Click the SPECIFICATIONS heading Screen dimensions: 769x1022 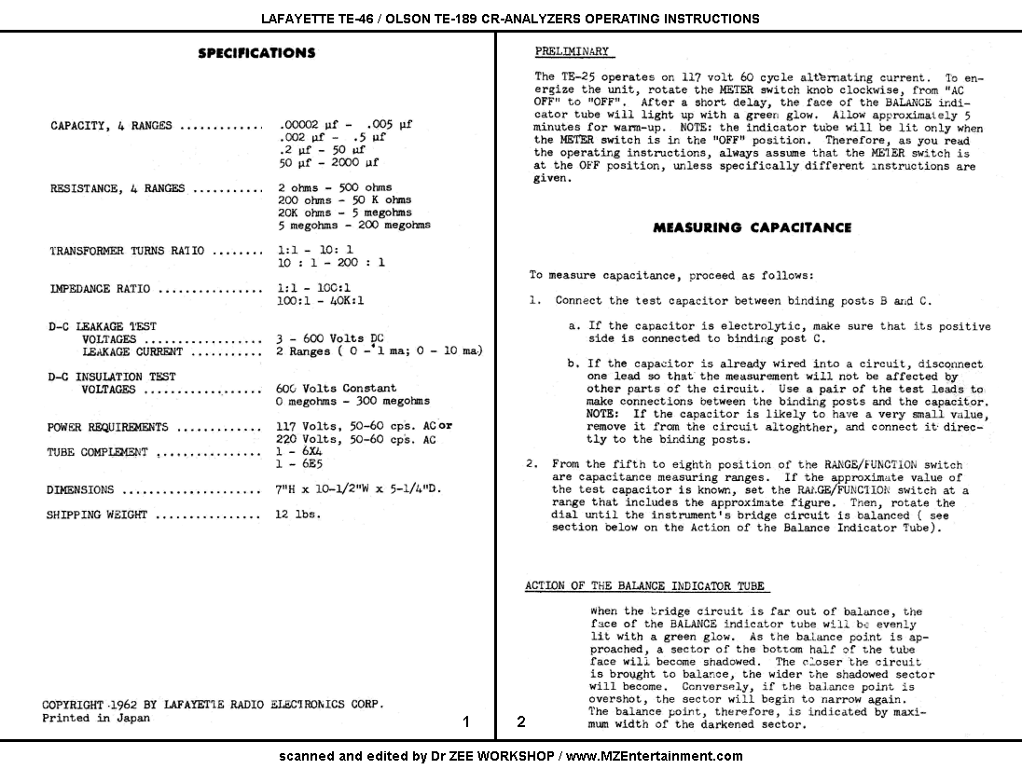[x=256, y=53]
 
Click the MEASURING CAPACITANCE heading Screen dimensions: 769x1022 [x=752, y=227]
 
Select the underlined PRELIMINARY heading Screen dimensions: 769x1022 [x=573, y=51]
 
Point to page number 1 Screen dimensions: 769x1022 [x=466, y=721]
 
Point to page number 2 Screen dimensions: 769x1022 [x=521, y=721]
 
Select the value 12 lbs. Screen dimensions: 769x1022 [x=298, y=514]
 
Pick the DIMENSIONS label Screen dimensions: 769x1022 [x=80, y=490]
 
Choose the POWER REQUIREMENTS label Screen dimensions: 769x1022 [x=107, y=427]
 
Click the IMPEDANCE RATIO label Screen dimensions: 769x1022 [x=100, y=289]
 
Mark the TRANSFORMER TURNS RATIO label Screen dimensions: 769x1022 [x=127, y=251]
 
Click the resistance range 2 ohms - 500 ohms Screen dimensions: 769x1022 [x=335, y=187]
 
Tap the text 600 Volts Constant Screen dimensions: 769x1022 [x=336, y=388]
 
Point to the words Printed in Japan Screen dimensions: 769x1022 [x=95, y=718]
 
